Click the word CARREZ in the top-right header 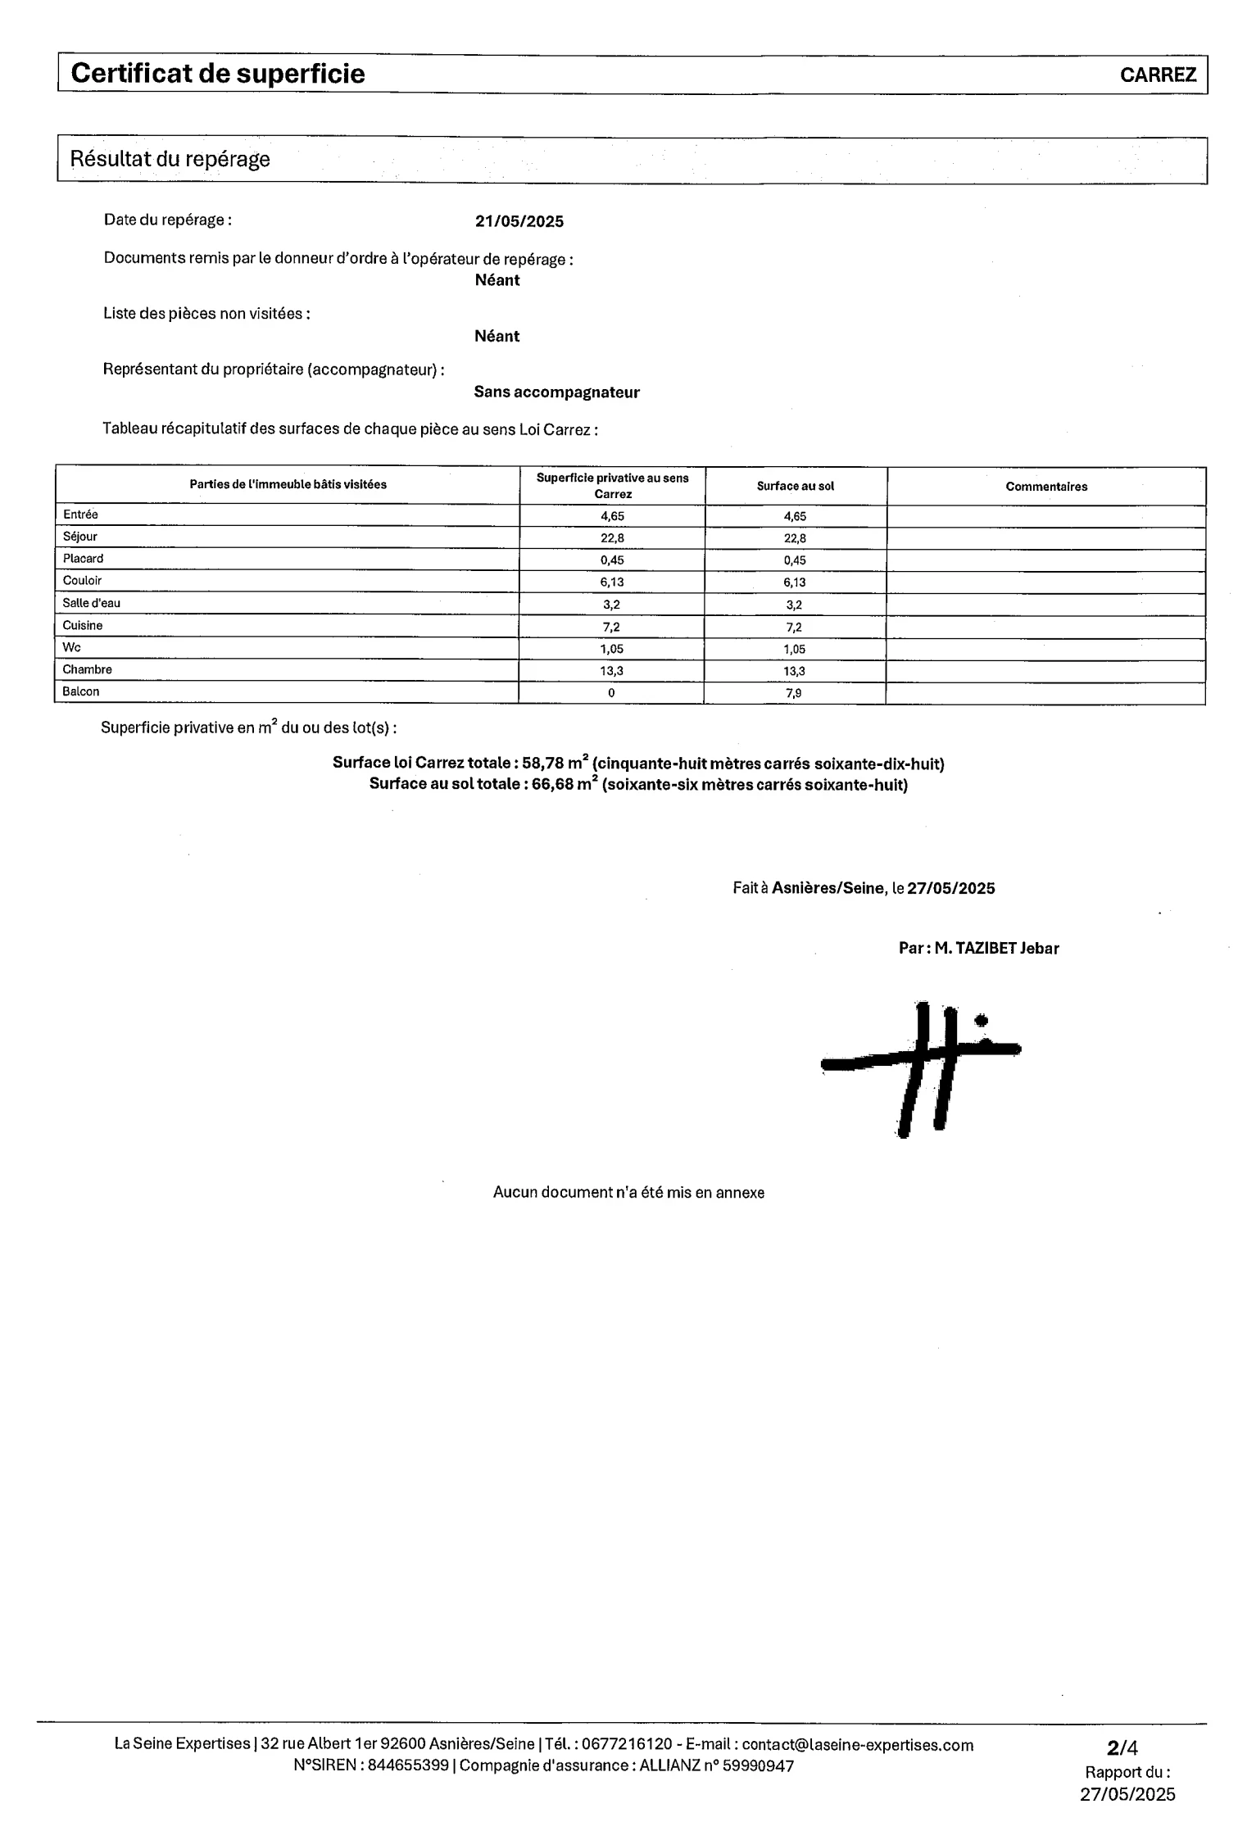point(1158,75)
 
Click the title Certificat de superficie point(218,74)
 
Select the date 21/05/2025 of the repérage point(519,222)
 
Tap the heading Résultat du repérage point(170,159)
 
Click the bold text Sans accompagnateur point(556,392)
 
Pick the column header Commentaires point(1046,487)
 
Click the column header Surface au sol point(795,487)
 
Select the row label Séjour point(80,537)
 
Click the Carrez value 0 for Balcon point(611,693)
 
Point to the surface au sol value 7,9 point(793,693)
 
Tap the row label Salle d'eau point(92,603)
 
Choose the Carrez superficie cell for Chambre point(611,671)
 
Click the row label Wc point(72,647)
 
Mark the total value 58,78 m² point(555,763)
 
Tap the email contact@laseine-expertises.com point(858,1745)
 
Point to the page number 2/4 point(1122,1748)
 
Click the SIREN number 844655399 point(408,1765)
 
